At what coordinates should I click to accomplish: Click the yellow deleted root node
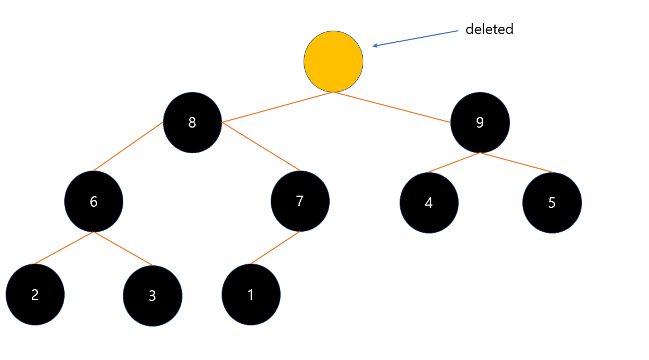pyautogui.click(x=333, y=61)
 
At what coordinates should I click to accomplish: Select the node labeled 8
pyautogui.click(x=192, y=123)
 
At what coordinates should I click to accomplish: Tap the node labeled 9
pyautogui.click(x=480, y=123)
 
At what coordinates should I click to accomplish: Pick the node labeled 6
pyautogui.click(x=94, y=201)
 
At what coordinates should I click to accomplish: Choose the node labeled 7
pyautogui.click(x=300, y=201)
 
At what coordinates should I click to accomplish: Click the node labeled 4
pyautogui.click(x=429, y=203)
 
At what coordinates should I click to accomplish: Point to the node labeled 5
pyautogui.click(x=552, y=203)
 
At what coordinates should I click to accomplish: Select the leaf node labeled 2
pyautogui.click(x=35, y=295)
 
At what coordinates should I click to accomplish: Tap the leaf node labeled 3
pyautogui.click(x=152, y=296)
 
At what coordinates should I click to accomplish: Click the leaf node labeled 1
pyautogui.click(x=251, y=295)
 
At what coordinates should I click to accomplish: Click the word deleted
pyautogui.click(x=489, y=30)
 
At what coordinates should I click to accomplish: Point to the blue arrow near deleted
pyautogui.click(x=416, y=38)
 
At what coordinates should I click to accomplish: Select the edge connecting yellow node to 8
pyautogui.click(x=278, y=106)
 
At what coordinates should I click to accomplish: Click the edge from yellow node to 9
pyautogui.click(x=392, y=106)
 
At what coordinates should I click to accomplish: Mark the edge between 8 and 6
pyautogui.click(x=128, y=146)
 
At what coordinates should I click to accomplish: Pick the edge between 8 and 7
pyautogui.click(x=261, y=146)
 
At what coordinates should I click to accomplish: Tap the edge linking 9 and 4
pyautogui.click(x=454, y=162)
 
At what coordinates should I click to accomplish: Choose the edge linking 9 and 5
pyautogui.click(x=516, y=162)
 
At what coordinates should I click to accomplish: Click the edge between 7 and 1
pyautogui.click(x=275, y=248)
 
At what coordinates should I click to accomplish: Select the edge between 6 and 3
pyautogui.click(x=123, y=248)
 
